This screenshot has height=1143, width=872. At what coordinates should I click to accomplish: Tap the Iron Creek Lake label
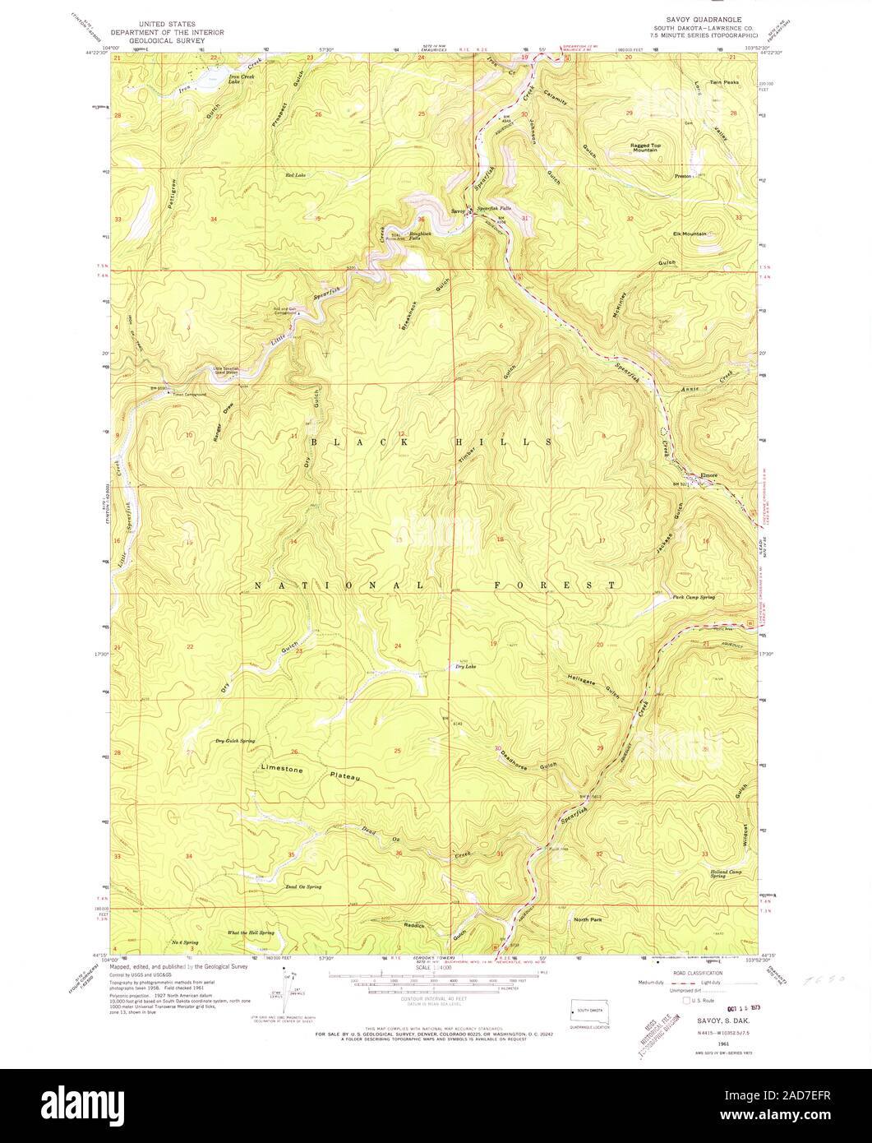point(242,80)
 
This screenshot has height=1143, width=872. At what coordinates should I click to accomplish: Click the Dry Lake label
point(465,666)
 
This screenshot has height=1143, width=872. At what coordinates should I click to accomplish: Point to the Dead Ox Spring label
point(303,886)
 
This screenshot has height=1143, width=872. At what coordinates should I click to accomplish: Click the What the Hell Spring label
point(250,932)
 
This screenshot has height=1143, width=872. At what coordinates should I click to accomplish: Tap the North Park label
point(590,919)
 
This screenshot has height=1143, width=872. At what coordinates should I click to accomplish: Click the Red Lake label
point(294,175)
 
